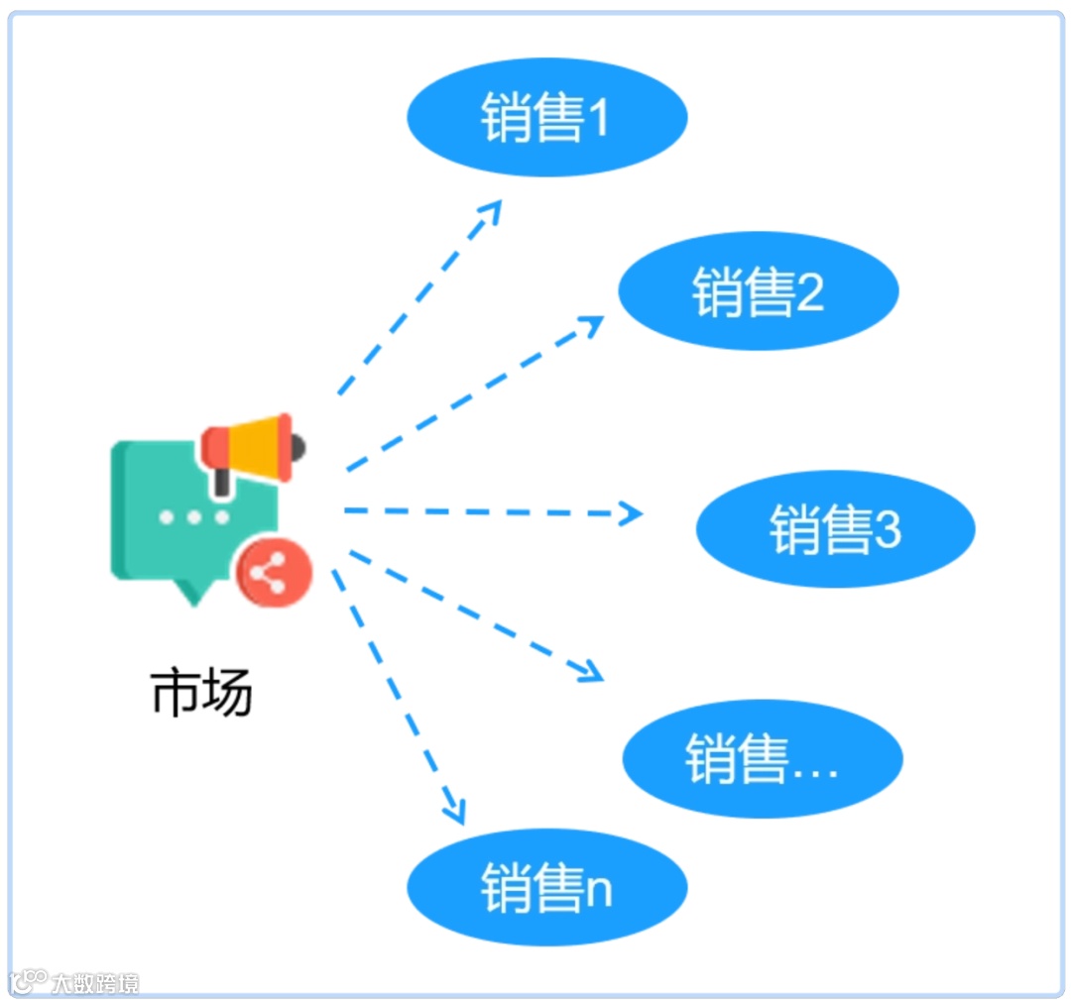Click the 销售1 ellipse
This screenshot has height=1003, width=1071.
546,117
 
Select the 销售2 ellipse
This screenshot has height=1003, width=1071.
759,290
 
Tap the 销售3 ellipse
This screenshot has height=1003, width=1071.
835,528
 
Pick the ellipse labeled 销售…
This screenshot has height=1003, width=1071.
763,759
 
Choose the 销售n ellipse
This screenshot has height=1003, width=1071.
546,887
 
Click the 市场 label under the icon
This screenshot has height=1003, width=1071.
201,692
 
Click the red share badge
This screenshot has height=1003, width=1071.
274,574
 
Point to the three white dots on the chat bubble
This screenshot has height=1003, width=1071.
194,517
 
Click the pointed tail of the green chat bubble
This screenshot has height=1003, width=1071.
192,593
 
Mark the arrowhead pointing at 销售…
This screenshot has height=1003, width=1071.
593,673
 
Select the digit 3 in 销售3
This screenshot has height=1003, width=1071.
888,530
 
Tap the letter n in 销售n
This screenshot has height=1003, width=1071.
599,891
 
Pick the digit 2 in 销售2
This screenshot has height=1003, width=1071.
810,293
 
